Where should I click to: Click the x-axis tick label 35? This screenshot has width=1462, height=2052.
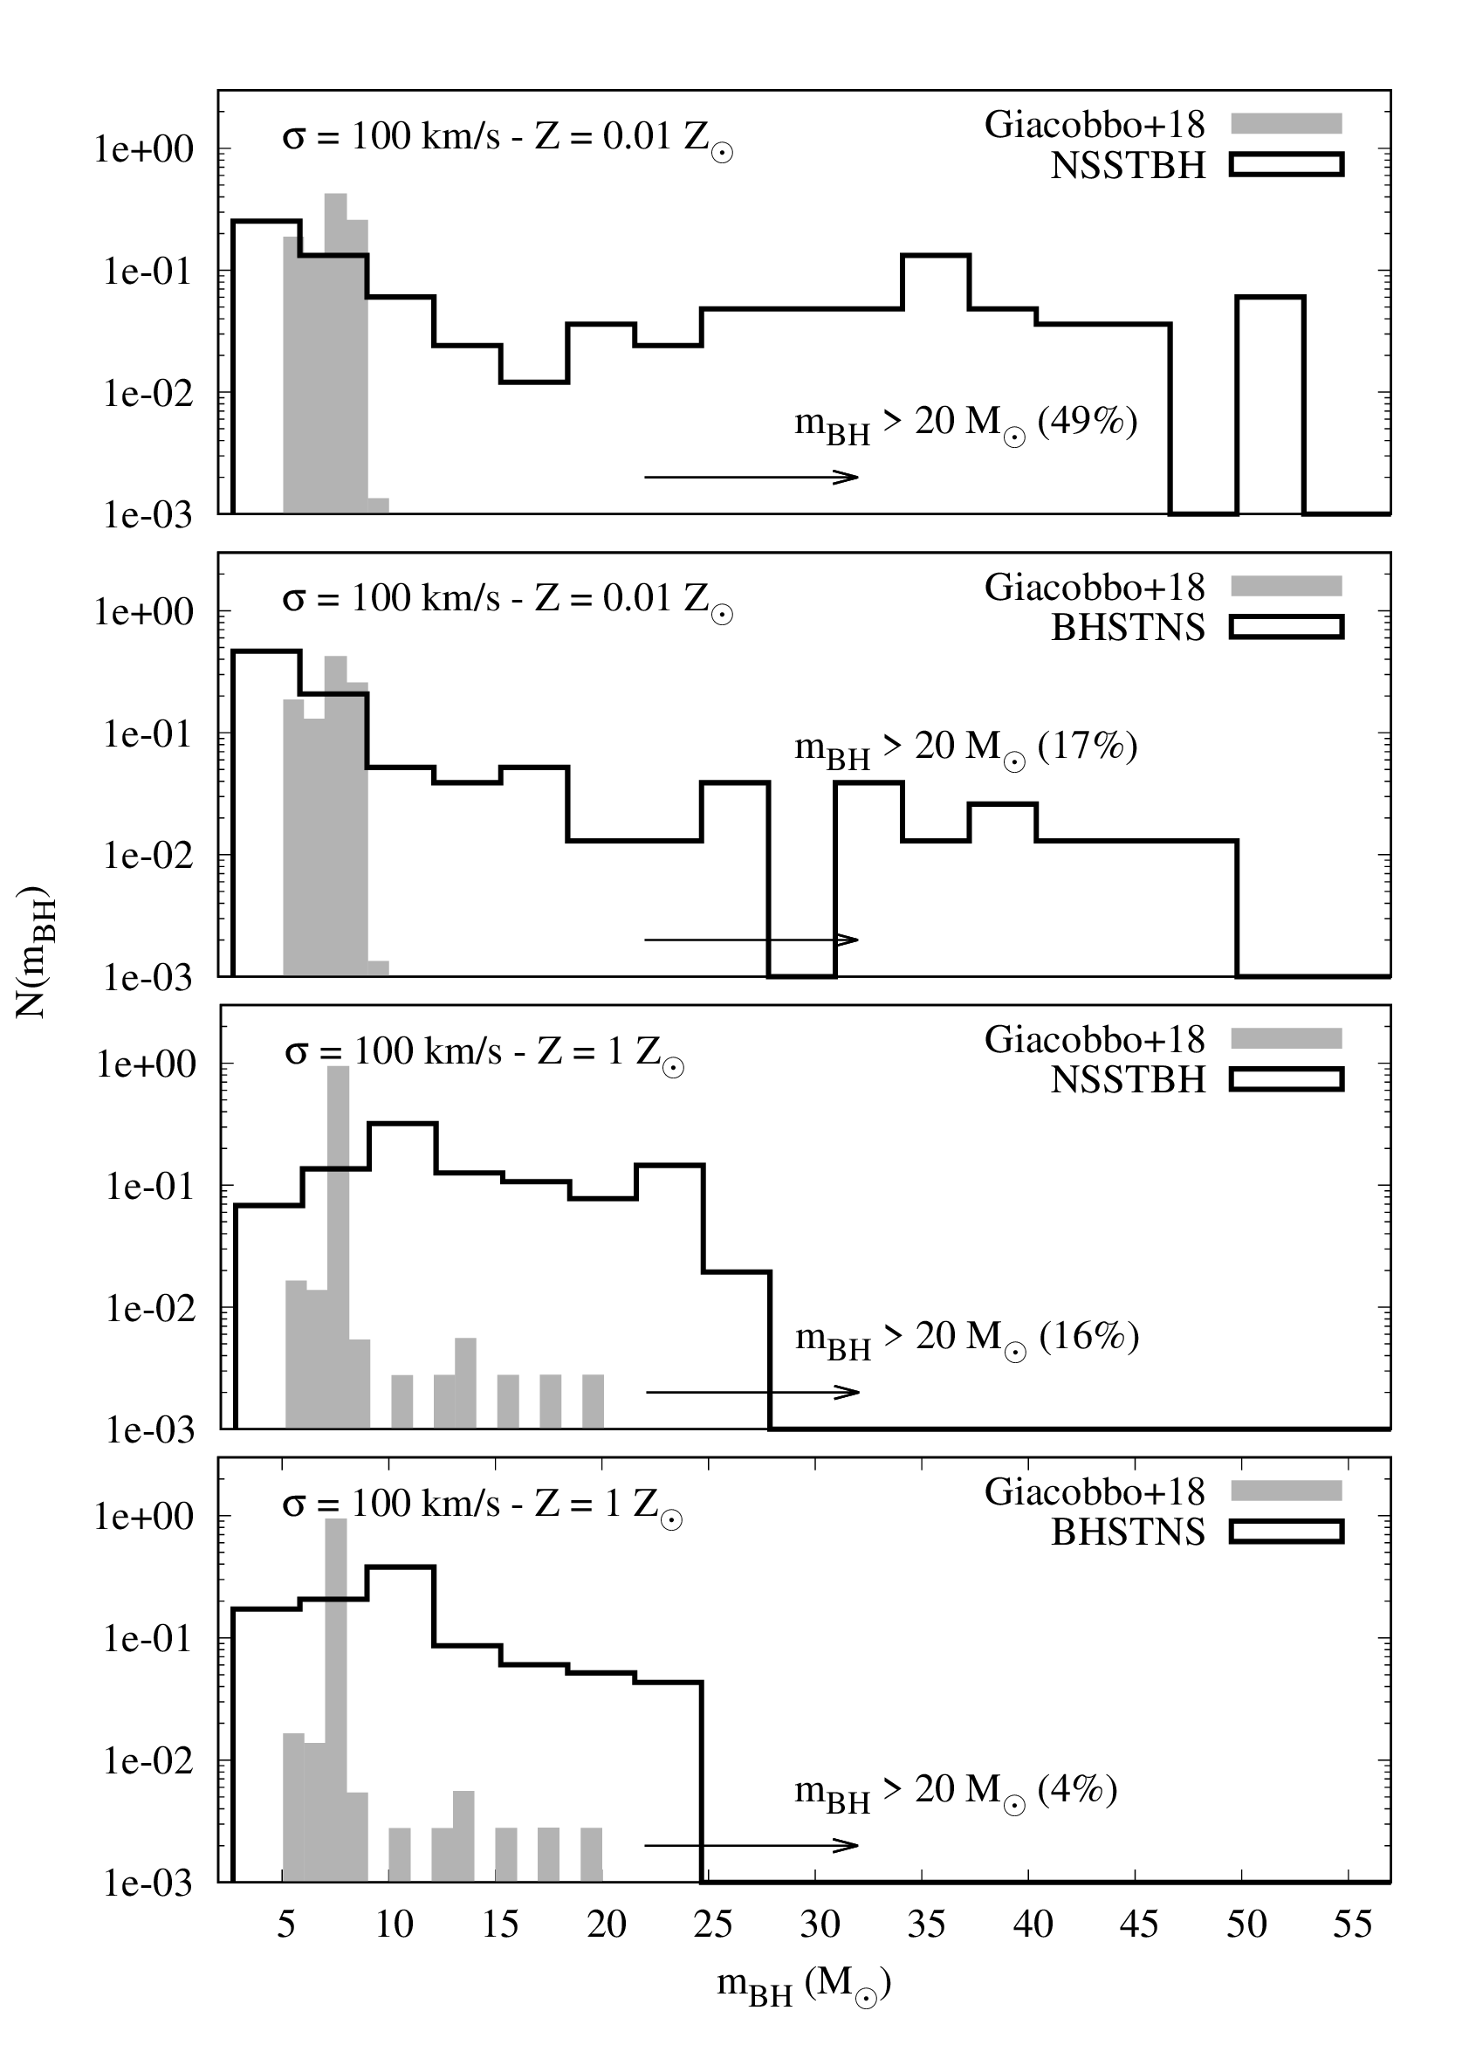click(925, 1925)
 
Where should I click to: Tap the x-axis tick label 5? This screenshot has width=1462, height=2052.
click(285, 1925)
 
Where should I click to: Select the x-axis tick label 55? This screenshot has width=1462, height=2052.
click(1351, 1925)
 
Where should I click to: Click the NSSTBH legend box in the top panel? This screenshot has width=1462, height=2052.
click(1287, 165)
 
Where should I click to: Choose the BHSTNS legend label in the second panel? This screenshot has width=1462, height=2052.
click(1127, 627)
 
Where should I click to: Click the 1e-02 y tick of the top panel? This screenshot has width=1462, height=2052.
click(144, 394)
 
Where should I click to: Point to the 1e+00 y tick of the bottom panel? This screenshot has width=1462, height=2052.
click(144, 1517)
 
